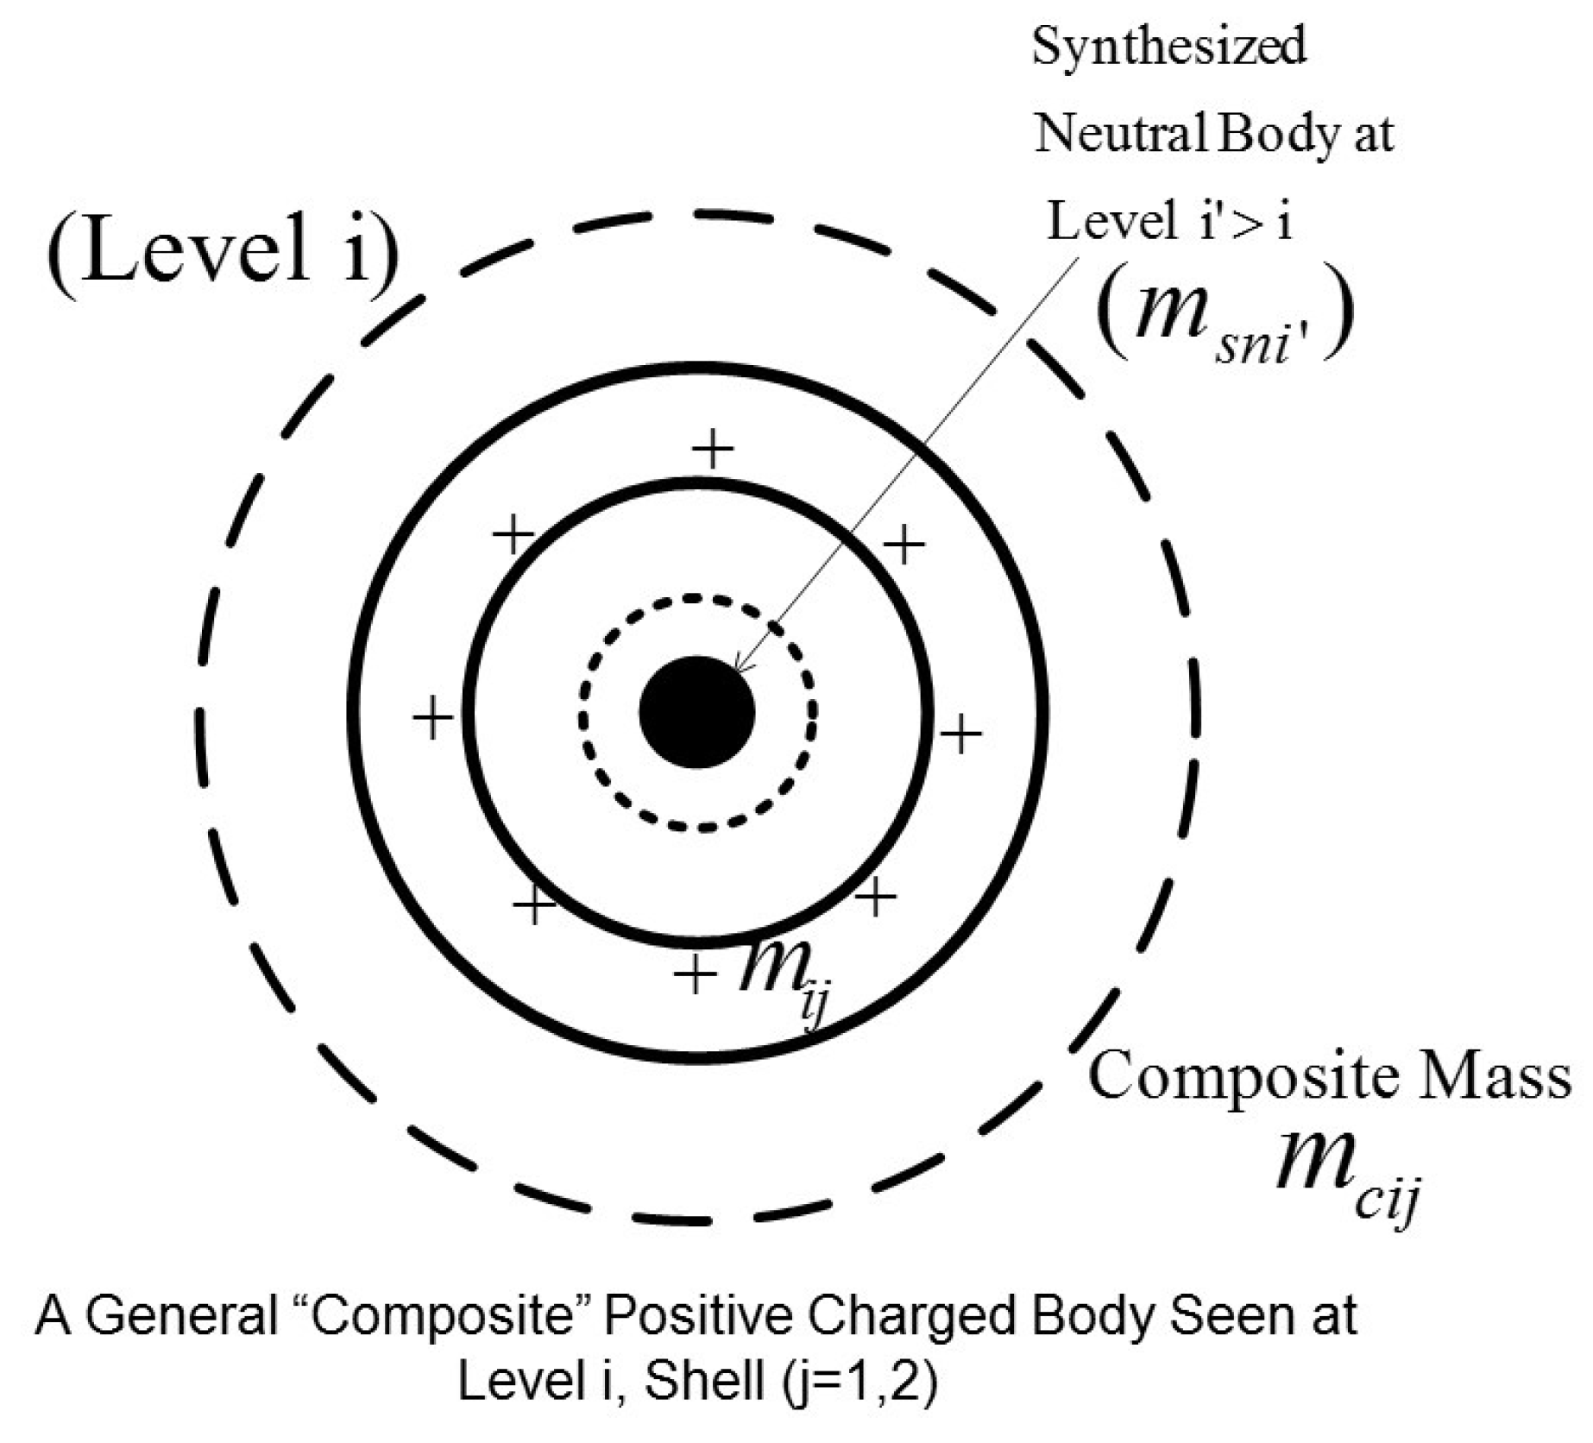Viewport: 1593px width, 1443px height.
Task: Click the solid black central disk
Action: pos(697,712)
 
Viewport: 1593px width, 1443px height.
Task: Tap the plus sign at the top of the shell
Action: pos(714,449)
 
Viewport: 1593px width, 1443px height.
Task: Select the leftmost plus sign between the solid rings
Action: pos(433,719)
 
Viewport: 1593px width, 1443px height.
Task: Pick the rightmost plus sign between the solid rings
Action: pos(960,734)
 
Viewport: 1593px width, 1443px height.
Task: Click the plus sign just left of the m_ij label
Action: pos(696,974)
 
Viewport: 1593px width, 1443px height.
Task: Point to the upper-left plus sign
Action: pos(513,536)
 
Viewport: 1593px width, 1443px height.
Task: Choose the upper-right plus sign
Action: pos(904,545)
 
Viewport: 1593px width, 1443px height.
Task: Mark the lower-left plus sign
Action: pos(534,904)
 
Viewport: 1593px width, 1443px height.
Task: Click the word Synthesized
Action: pos(1169,47)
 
